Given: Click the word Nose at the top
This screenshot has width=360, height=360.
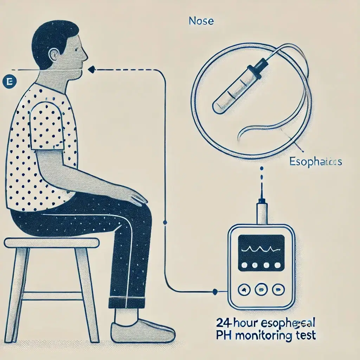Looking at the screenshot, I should [201, 21].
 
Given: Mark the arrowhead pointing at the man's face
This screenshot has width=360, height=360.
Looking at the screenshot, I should [91, 70].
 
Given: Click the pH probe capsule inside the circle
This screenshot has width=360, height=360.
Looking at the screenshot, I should [236, 91].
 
